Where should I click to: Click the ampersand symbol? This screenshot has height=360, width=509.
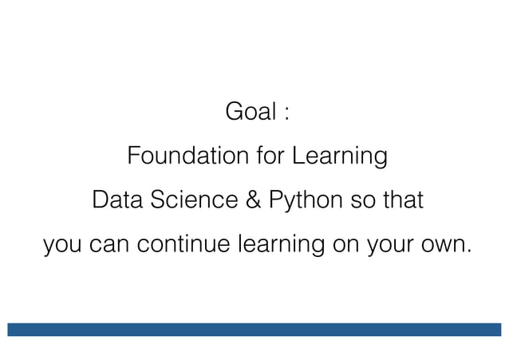click(x=252, y=200)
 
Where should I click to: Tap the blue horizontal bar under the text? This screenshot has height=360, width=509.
click(x=254, y=330)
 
